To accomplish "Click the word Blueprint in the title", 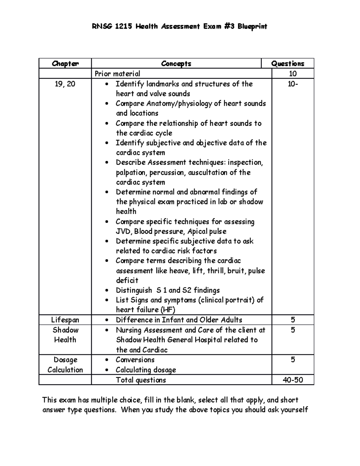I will [252, 27].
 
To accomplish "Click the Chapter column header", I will [65, 64].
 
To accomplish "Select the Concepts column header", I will [176, 64].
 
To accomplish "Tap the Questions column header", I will [288, 64].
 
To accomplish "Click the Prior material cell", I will [117, 74].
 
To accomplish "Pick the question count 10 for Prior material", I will [292, 74].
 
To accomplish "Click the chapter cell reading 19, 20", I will [65, 84].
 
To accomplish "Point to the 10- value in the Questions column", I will [293, 84].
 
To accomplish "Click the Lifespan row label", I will [65, 320].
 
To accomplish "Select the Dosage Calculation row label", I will [65, 365].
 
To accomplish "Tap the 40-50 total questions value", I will [293, 380].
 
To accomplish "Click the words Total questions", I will [141, 380].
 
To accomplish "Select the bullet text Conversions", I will [135, 360].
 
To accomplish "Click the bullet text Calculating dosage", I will [146, 370].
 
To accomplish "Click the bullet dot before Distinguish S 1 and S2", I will [107, 291].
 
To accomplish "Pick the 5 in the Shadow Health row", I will [293, 330].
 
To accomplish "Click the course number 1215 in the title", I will [123, 27].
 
